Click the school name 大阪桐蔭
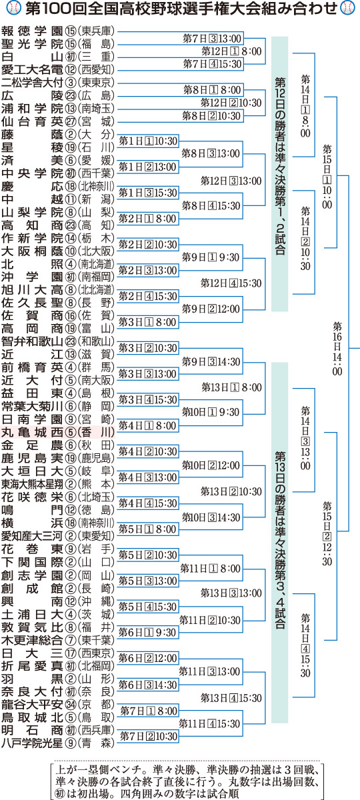coord(32,251)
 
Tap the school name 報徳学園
coord(32,31)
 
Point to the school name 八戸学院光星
coord(32,743)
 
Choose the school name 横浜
coord(32,523)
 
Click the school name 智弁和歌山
coord(32,342)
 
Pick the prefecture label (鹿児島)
coord(95,458)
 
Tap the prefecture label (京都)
coord(95,704)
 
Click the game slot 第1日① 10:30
coord(148,141)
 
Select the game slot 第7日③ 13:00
coord(212,38)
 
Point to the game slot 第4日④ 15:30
coord(148,503)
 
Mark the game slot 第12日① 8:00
coord(231,51)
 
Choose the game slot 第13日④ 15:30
coord(231,698)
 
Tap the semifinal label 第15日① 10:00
coord(327,177)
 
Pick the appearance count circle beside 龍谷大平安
coord(71,705)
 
